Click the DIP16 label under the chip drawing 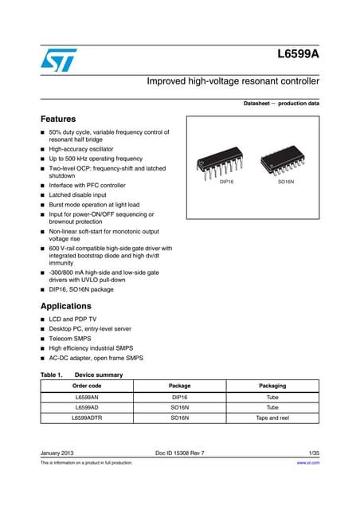[226, 182]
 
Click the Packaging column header [273, 385]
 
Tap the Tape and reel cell [273, 418]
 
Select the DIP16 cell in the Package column [180, 396]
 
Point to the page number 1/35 [313, 453]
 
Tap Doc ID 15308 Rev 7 [180, 453]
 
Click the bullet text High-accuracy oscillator [81, 149]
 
